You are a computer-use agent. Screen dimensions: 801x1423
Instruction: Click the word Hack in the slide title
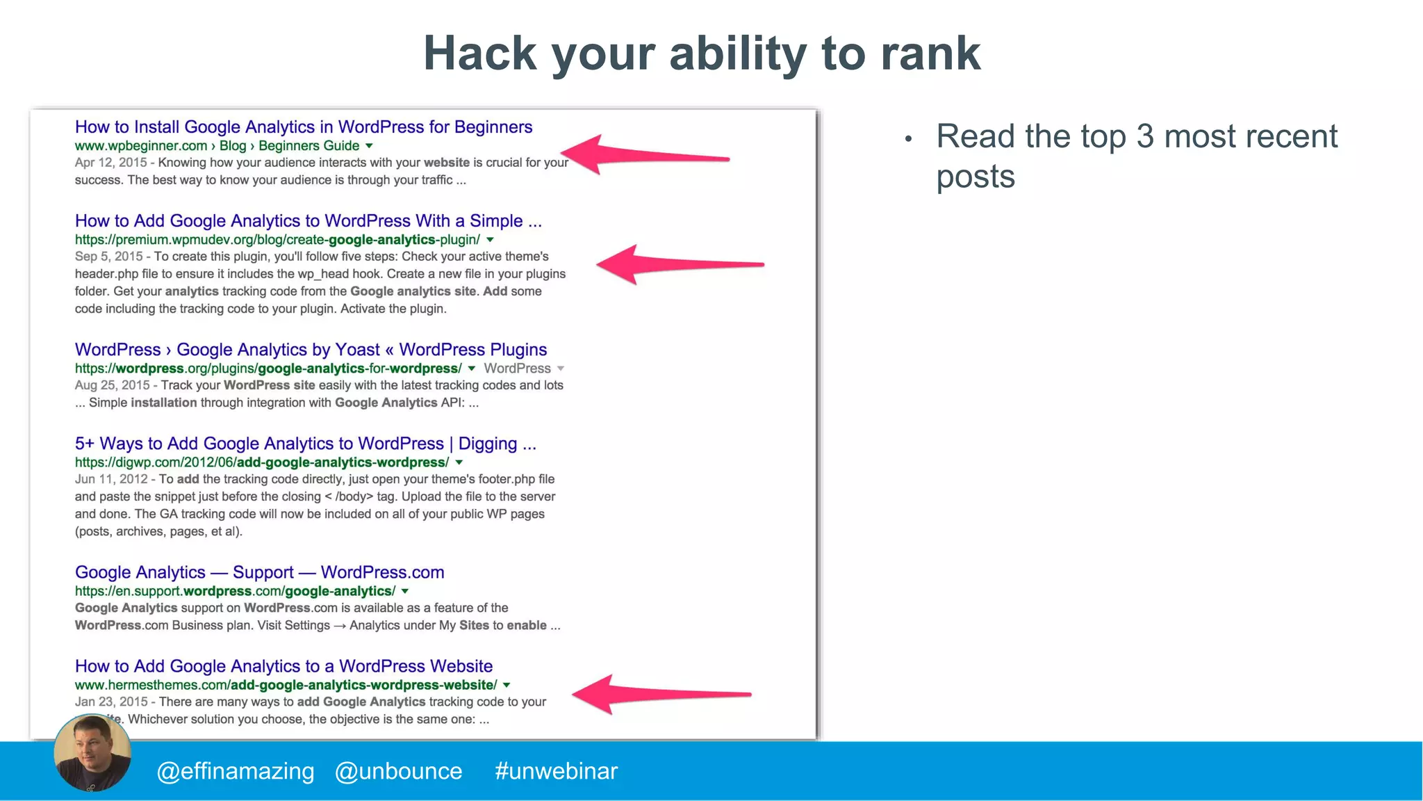pyautogui.click(x=480, y=54)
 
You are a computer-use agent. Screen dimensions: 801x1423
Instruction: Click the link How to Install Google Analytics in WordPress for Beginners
pyautogui.click(x=304, y=127)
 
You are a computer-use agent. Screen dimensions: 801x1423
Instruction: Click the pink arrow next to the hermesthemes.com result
pyautogui.click(x=660, y=694)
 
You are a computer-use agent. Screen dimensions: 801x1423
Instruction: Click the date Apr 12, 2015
pyautogui.click(x=110, y=163)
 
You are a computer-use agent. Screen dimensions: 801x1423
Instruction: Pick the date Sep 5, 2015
pyautogui.click(x=108, y=257)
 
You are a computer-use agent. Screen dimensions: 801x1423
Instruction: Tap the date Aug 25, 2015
pyautogui.click(x=112, y=385)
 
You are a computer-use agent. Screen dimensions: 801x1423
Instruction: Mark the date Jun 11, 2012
pyautogui.click(x=111, y=479)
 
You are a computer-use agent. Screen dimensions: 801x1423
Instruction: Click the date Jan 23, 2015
pyautogui.click(x=111, y=702)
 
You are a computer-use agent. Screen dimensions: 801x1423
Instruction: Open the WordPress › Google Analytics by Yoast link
pyautogui.click(x=311, y=350)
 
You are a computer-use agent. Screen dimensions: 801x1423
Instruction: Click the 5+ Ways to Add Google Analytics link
pyautogui.click(x=305, y=444)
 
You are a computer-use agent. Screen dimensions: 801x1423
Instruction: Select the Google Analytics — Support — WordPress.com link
pyautogui.click(x=259, y=572)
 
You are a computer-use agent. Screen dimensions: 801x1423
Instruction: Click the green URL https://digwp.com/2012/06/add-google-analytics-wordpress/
pyautogui.click(x=262, y=462)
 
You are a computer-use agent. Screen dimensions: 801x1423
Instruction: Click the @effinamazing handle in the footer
pyautogui.click(x=236, y=771)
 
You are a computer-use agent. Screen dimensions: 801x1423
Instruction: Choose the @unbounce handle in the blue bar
pyautogui.click(x=398, y=771)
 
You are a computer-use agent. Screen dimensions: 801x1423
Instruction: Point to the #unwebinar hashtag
pyautogui.click(x=556, y=771)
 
